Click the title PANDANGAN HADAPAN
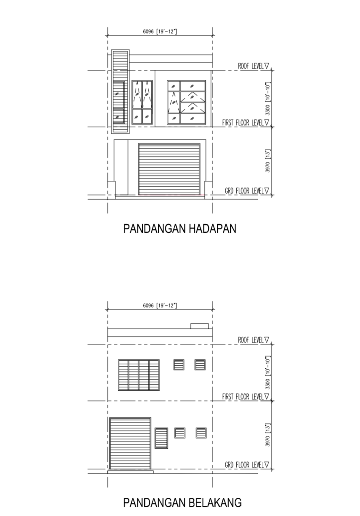180,229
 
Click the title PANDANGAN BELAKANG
182,502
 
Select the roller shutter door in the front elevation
169,169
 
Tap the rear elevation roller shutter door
130,443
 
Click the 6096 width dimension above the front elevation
160,31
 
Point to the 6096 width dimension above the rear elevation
160,306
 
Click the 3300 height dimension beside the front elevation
267,98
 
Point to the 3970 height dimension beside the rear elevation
267,435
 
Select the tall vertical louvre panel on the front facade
120,91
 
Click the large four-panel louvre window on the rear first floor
138,375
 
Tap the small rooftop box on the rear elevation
199,326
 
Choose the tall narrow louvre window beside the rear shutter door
161,438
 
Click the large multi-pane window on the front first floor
186,102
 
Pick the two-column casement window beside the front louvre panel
142,102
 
